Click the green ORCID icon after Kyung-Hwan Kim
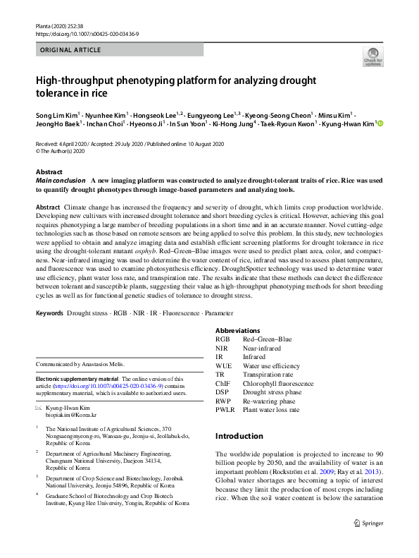(x=381, y=123)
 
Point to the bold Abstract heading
(x=50, y=172)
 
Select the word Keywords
(x=49, y=313)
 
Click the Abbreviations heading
(x=237, y=330)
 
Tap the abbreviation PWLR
(x=225, y=410)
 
